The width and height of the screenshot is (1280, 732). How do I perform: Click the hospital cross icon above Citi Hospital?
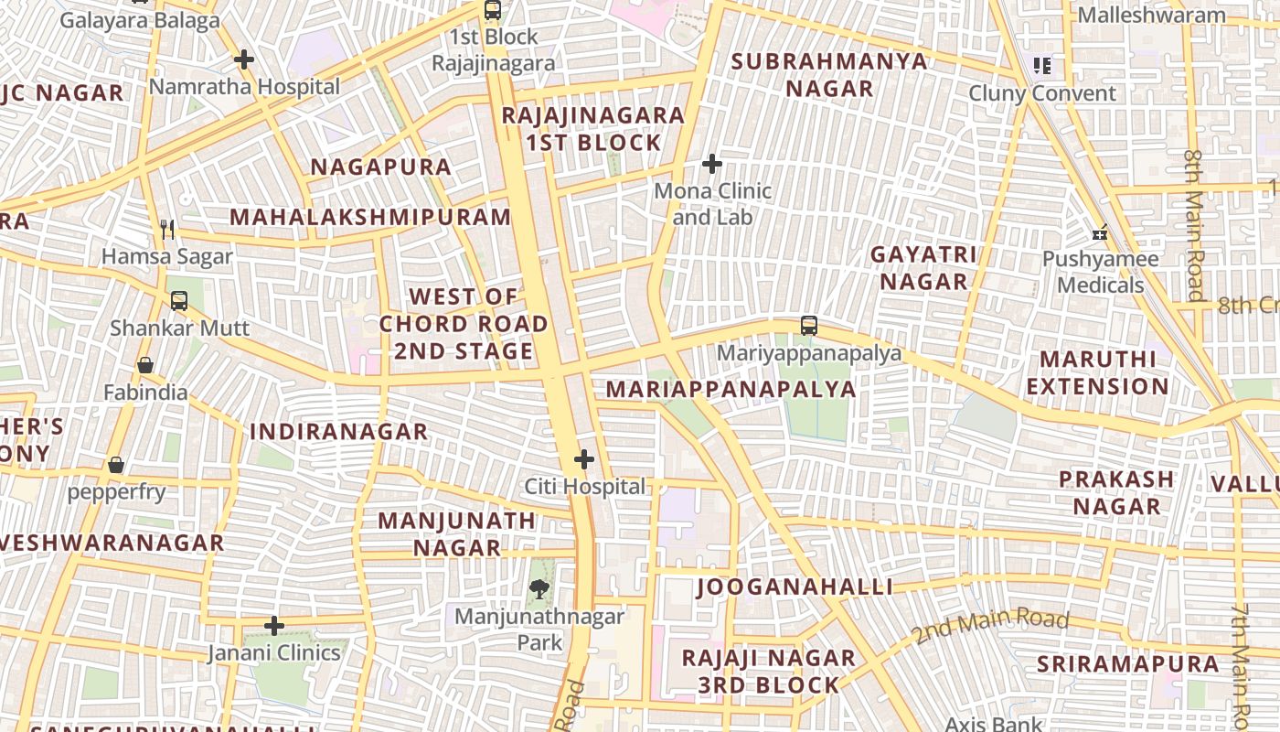coord(584,459)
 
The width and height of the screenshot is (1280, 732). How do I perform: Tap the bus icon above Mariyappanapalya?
coord(809,326)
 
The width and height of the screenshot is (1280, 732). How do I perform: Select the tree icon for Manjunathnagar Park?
coord(539,589)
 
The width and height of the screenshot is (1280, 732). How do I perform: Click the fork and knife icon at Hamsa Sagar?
coord(166,229)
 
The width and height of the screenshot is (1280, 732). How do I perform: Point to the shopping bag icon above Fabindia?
coord(145,366)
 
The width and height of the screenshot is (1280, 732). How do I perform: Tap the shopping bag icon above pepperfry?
coord(116,465)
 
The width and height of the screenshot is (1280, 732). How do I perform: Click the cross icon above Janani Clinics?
coord(274,626)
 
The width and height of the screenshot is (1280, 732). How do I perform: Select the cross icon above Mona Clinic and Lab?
coord(712,165)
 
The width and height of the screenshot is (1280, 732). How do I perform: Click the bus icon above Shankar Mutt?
coord(179,300)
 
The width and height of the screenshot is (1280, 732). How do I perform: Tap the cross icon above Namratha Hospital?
coord(243,60)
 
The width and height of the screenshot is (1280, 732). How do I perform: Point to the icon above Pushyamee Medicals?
coord(1100,232)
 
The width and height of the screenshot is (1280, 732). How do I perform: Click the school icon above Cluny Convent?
coord(1041,66)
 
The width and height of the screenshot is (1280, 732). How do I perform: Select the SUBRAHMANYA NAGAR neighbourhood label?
coord(829,75)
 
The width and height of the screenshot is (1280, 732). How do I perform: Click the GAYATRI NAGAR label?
coord(923,267)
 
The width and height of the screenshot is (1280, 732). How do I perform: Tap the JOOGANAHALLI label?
coord(795,587)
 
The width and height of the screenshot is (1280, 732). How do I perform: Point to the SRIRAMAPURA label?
coord(1127,664)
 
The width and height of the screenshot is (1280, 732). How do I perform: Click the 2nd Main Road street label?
coord(990,626)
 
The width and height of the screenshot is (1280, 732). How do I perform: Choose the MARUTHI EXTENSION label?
coord(1097,372)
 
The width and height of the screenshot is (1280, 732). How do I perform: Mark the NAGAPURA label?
coord(381,167)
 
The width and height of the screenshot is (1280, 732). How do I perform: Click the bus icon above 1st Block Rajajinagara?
coord(493,10)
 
